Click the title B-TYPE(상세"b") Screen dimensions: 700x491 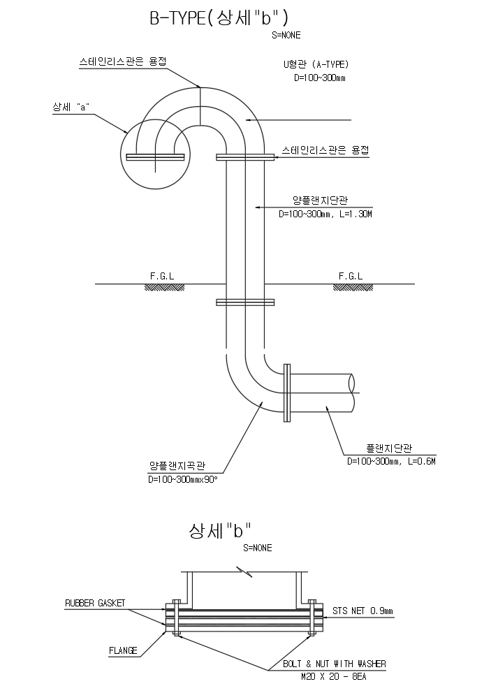218,18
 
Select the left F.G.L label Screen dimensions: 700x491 161,276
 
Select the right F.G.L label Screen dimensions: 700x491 351,276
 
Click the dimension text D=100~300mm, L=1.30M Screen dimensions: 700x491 325,214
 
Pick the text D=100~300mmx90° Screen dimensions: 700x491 183,480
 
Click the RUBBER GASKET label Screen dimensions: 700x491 95,602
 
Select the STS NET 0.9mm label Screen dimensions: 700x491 362,611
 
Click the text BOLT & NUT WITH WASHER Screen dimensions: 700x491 334,664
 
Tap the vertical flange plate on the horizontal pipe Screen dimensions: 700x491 286,393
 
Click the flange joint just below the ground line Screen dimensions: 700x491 245,302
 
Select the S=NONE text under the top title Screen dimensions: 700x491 287,35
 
